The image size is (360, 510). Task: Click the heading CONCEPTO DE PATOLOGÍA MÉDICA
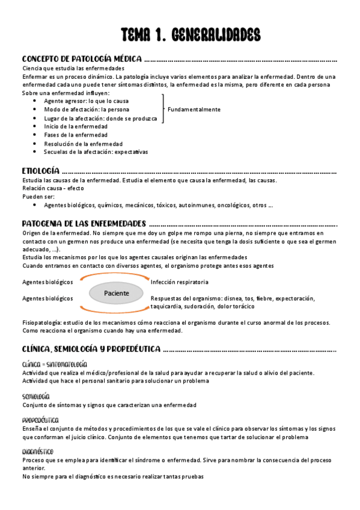tap(82, 60)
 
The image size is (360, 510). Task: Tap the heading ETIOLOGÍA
tap(40, 171)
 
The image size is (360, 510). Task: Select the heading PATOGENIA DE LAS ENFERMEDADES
tap(84, 223)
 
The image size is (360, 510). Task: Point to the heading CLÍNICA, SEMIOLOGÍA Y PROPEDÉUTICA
tap(91, 348)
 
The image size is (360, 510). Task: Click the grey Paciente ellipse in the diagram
tap(117, 293)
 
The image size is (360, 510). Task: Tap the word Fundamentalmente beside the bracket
tap(194, 109)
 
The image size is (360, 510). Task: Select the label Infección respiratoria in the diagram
tap(179, 281)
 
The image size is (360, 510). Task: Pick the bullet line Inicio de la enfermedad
tap(76, 126)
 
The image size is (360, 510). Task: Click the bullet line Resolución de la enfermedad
tap(83, 144)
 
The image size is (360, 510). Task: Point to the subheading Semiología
tap(35, 396)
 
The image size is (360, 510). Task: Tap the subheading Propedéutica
tap(40, 420)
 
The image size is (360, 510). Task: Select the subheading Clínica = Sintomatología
tap(54, 364)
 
